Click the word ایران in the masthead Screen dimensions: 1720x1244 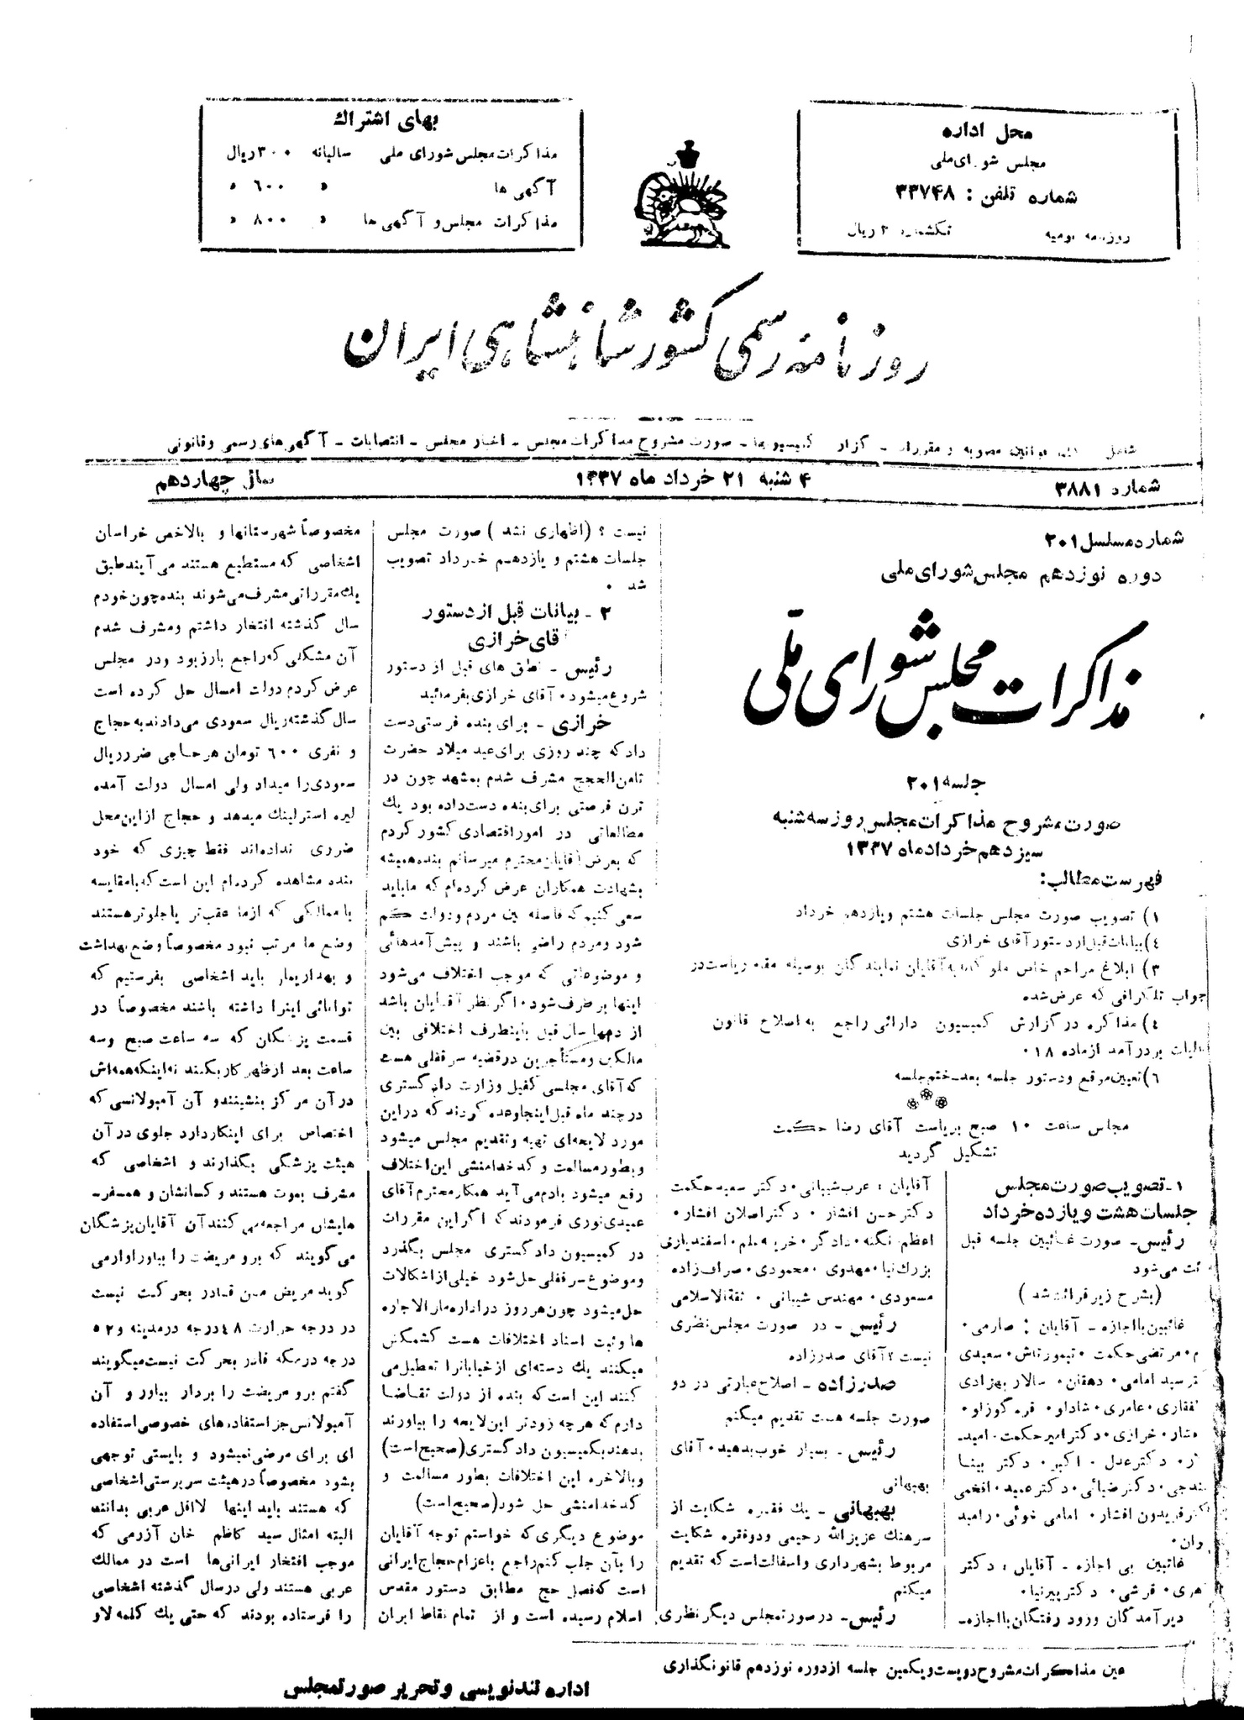(396, 340)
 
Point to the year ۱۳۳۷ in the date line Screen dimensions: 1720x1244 (598, 480)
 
